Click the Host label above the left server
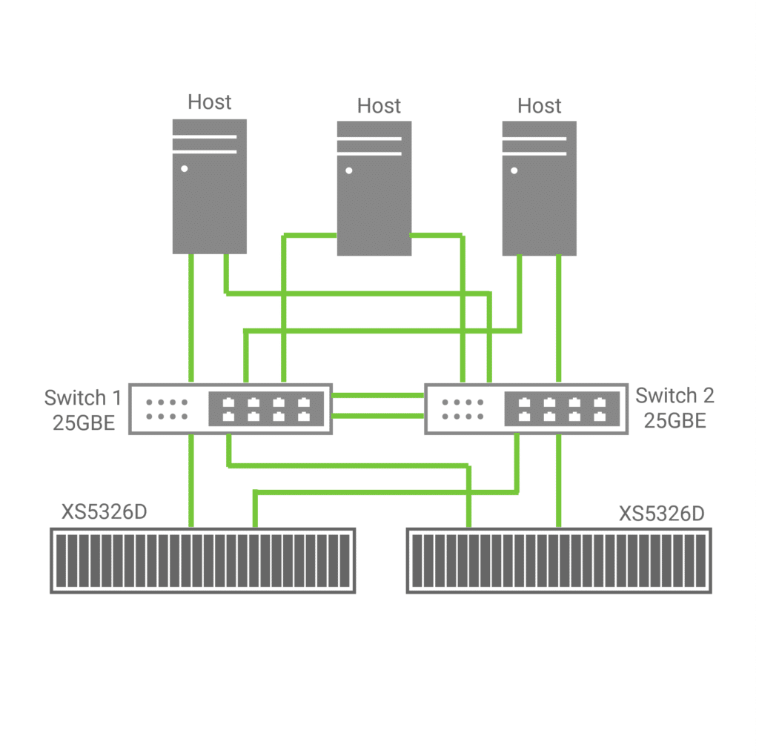(209, 102)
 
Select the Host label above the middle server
(379, 105)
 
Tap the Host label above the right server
(540, 105)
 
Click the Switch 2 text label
(675, 396)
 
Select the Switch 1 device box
(230, 408)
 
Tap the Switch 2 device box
(526, 408)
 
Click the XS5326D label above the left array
(105, 513)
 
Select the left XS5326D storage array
(202, 560)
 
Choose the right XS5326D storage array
(559, 560)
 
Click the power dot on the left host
(184, 169)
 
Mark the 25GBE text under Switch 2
(675, 421)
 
